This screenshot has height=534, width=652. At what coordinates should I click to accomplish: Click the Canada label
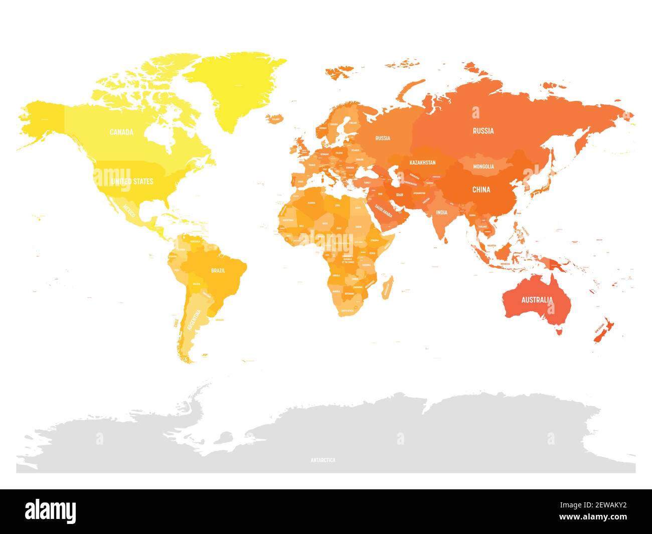(121, 132)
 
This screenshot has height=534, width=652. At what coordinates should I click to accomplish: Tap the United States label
(132, 181)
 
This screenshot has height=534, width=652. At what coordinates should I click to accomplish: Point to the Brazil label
(218, 271)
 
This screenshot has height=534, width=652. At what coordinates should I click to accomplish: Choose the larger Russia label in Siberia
(483, 131)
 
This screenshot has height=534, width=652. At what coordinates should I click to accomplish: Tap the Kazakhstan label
(422, 163)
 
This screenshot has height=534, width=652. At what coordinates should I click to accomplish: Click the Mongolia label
(483, 166)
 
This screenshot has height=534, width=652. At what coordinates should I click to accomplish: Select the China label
(481, 190)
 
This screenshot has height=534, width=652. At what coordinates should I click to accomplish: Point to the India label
(441, 212)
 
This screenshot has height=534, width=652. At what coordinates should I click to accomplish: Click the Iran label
(400, 195)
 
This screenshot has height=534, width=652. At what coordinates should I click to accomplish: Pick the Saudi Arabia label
(384, 213)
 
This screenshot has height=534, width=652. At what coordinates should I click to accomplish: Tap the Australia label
(537, 300)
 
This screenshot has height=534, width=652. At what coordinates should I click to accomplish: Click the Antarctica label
(323, 460)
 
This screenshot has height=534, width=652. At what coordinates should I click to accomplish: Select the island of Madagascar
(386, 288)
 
